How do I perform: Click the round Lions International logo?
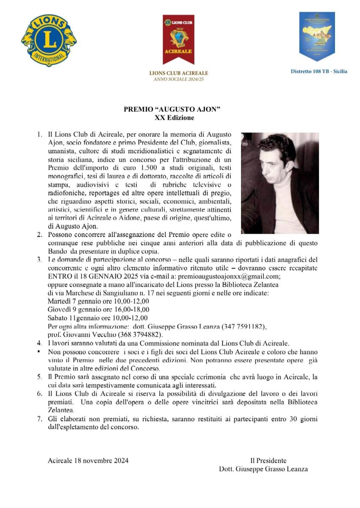(49, 40)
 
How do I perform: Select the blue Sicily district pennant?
(317, 36)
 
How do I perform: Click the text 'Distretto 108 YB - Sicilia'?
(318, 71)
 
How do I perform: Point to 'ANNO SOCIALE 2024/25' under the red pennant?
(178, 79)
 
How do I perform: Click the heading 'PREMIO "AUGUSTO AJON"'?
(172, 109)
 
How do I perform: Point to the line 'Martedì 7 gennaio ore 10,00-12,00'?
(98, 301)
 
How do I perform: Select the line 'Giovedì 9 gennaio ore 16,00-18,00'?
(98, 309)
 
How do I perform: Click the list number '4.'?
(39, 343)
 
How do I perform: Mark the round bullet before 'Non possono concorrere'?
(39, 352)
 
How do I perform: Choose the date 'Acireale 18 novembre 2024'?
(88, 461)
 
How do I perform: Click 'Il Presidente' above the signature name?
(268, 461)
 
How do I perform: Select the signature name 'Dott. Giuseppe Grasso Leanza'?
(263, 469)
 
